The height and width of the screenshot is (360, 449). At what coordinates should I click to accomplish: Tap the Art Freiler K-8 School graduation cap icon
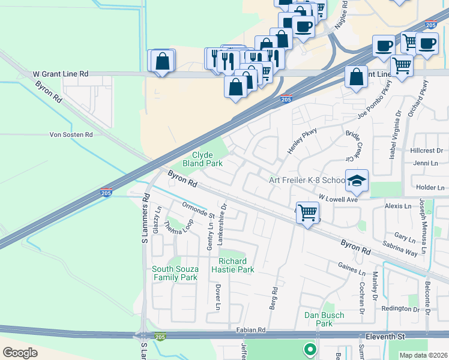click(x=357, y=180)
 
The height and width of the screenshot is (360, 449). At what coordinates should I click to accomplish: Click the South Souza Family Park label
click(x=175, y=273)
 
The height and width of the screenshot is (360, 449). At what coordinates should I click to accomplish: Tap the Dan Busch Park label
click(x=324, y=319)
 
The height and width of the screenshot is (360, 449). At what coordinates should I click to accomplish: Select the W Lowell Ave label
click(x=338, y=198)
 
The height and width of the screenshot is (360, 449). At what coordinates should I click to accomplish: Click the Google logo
click(x=20, y=352)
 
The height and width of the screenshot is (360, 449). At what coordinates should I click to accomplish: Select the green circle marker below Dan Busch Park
click(x=310, y=348)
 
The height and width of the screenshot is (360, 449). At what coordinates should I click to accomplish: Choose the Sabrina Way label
click(x=400, y=249)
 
